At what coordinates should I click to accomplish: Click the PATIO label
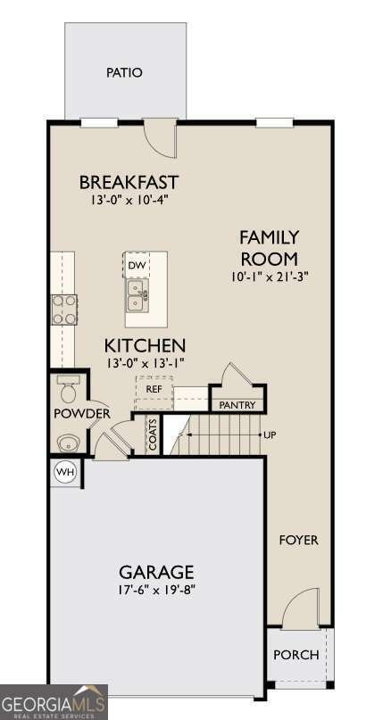124,72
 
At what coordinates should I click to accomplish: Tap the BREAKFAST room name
129,182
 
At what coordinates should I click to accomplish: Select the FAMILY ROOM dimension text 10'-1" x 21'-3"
270,277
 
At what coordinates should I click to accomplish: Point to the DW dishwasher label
134,265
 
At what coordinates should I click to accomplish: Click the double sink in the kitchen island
137,295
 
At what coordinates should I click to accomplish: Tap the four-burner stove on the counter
64,310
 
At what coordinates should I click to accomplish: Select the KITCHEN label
145,345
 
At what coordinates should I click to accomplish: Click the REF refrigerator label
153,388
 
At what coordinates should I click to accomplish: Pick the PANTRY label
237,405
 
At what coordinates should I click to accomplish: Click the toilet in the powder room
69,388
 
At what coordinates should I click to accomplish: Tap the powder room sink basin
69,443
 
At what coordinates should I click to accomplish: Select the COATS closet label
153,434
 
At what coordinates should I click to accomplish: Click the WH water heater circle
65,472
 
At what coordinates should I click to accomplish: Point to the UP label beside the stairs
270,434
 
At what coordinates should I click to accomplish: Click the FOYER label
299,540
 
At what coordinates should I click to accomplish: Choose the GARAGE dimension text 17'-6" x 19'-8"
157,590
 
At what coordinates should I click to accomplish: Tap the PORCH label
295,655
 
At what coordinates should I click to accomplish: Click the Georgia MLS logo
54,702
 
